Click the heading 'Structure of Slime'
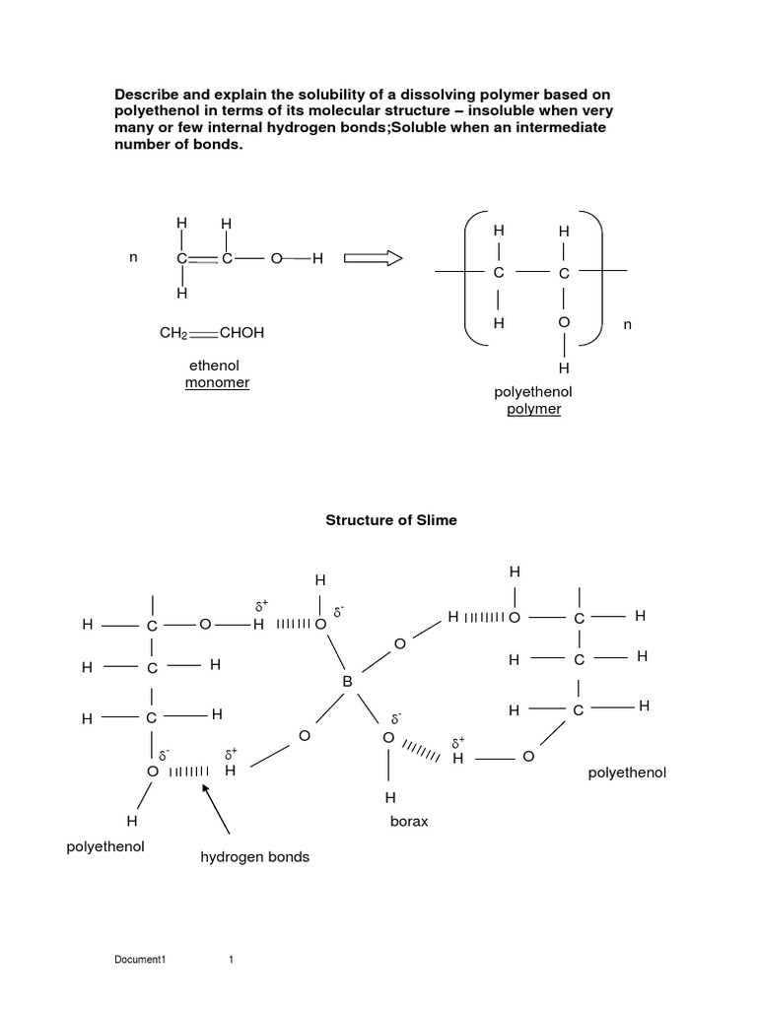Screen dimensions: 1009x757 (391, 520)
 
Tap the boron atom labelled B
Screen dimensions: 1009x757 (347, 681)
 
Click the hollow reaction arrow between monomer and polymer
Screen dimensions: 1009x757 (374, 258)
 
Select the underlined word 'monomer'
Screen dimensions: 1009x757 (217, 382)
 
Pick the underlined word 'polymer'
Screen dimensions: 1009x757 (533, 409)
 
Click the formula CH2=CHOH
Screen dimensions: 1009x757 (212, 333)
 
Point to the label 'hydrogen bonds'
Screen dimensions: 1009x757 (255, 857)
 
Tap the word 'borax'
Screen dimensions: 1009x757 (409, 821)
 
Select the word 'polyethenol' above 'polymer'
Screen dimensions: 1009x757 (533, 392)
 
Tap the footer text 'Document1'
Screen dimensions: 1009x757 (141, 960)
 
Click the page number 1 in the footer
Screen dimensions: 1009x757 (230, 960)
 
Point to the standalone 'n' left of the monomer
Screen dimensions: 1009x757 (133, 258)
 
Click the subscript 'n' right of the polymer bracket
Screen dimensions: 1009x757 (625, 323)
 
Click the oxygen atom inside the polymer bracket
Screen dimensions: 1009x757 (564, 322)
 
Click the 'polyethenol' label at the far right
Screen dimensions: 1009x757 (627, 773)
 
